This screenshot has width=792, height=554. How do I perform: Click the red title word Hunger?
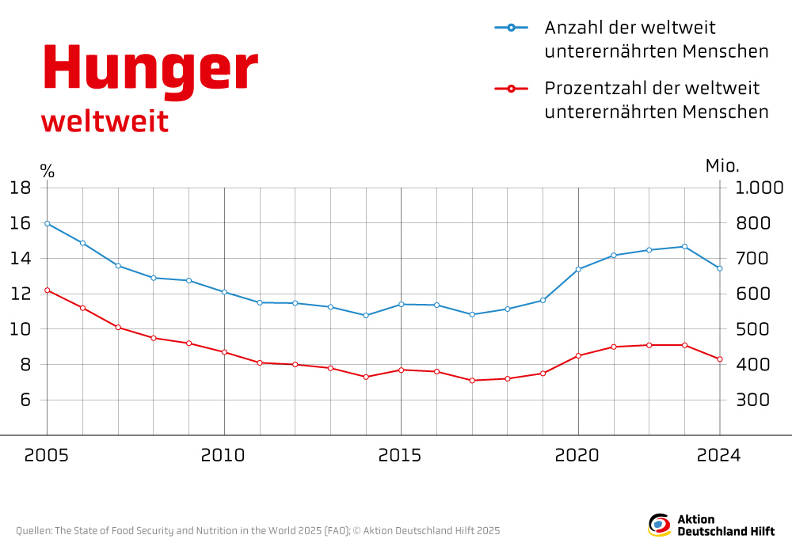[150, 70]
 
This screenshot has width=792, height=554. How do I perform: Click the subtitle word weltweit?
[105, 122]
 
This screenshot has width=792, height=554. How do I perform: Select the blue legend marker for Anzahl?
[511, 28]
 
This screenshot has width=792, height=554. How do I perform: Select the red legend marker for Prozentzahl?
[511, 88]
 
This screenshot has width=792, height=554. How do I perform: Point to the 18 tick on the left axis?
[20, 188]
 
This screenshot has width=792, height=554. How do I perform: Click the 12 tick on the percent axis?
[20, 294]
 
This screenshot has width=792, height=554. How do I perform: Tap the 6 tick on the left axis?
[25, 400]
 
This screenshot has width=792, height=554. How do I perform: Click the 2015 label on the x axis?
[401, 456]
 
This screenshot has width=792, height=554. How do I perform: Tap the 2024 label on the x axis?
[719, 456]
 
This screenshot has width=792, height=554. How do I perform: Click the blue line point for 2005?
[48, 223]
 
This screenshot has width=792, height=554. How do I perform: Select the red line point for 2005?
[48, 290]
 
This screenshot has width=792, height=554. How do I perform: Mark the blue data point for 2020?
[578, 269]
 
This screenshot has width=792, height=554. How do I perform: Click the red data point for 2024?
[720, 359]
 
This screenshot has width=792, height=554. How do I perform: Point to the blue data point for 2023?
[684, 247]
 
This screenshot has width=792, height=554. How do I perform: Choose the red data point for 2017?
[472, 381]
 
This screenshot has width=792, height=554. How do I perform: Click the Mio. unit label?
[722, 166]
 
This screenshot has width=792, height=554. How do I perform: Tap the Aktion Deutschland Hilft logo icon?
[659, 525]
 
